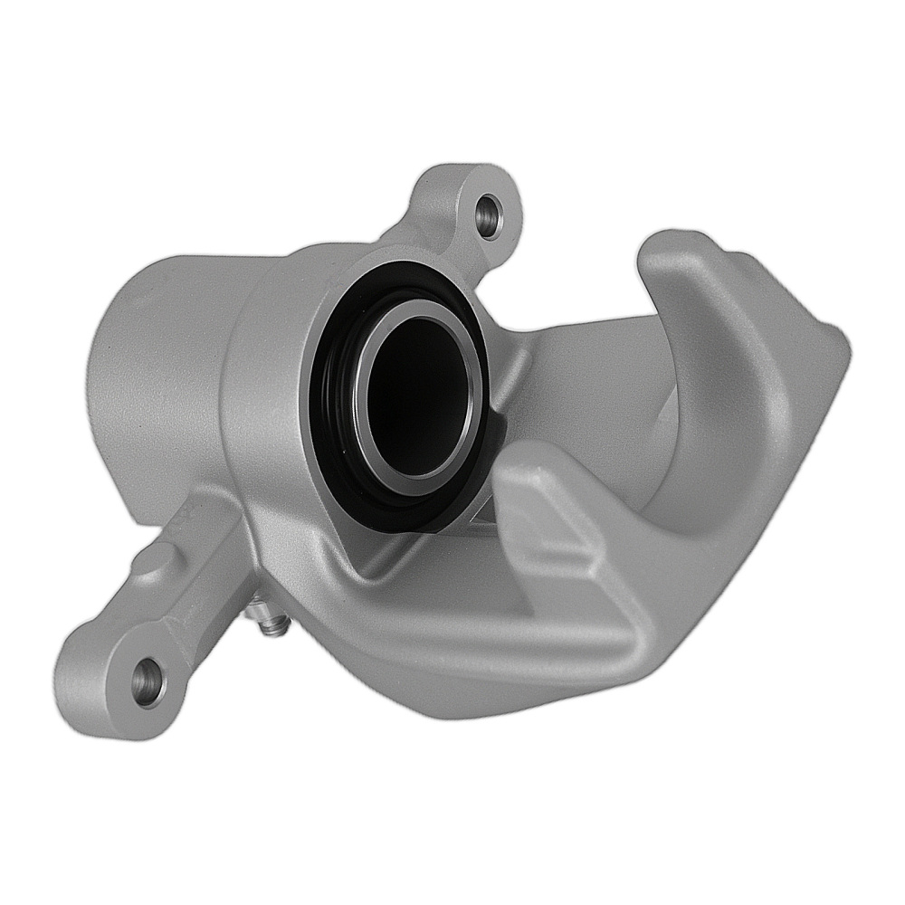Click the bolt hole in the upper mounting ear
pyautogui.click(x=487, y=214)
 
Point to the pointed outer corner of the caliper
pyautogui.click(x=837, y=348)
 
